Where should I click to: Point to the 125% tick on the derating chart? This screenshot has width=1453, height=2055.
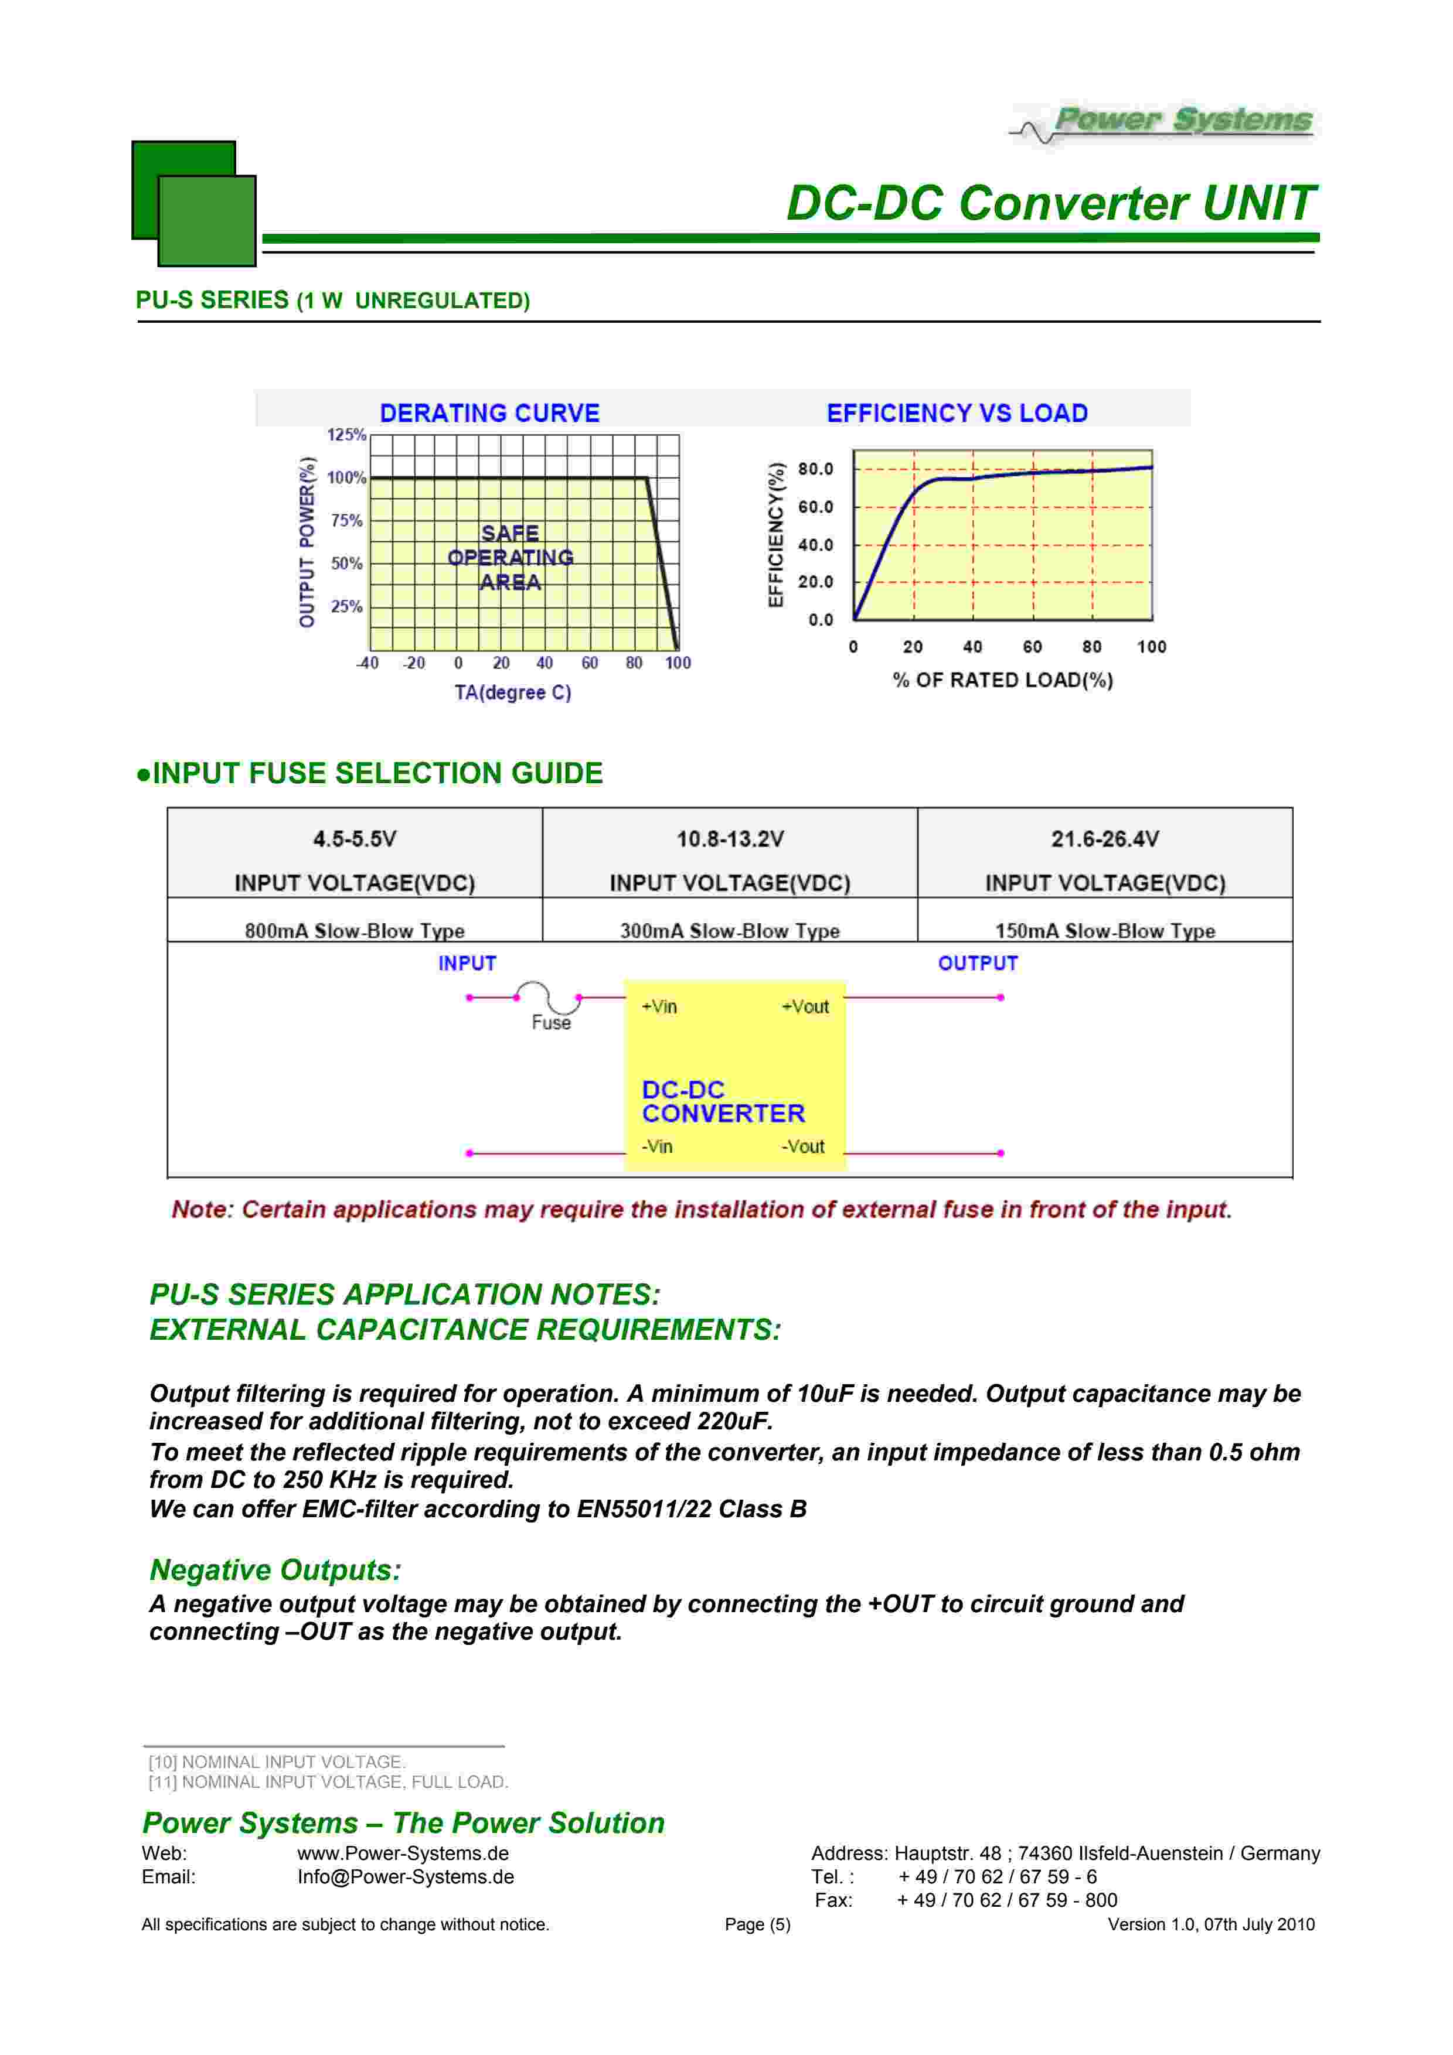click(346, 435)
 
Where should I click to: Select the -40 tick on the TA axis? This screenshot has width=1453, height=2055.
click(368, 663)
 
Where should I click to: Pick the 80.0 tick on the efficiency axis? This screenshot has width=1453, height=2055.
click(815, 469)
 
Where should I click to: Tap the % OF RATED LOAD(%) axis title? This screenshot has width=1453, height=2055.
click(1003, 680)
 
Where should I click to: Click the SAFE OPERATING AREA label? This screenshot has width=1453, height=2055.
click(511, 558)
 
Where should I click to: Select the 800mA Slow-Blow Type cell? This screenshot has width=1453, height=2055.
click(355, 931)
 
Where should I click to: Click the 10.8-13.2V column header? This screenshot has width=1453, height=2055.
click(730, 839)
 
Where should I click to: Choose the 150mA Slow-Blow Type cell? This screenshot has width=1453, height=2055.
click(1105, 931)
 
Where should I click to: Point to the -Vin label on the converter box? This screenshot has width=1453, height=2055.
click(657, 1146)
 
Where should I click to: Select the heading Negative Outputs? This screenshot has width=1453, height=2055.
click(275, 1570)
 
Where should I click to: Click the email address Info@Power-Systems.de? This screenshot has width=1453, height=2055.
click(406, 1877)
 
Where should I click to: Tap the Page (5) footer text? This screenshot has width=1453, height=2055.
click(757, 1924)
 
